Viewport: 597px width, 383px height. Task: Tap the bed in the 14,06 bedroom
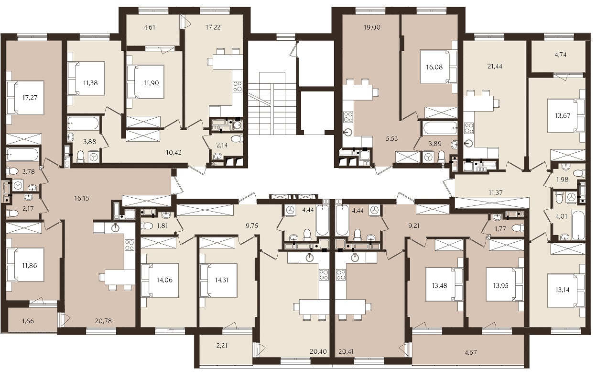160,281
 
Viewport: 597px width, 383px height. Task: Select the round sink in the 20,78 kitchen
115,228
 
